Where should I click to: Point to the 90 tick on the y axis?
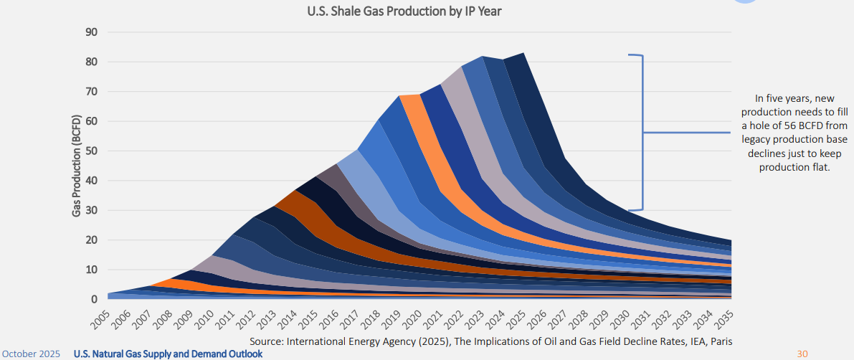click(91, 32)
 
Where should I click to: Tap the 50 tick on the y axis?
click(91, 151)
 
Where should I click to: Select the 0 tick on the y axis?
click(94, 299)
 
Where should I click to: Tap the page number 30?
click(802, 354)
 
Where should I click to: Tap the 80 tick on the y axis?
click(91, 62)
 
